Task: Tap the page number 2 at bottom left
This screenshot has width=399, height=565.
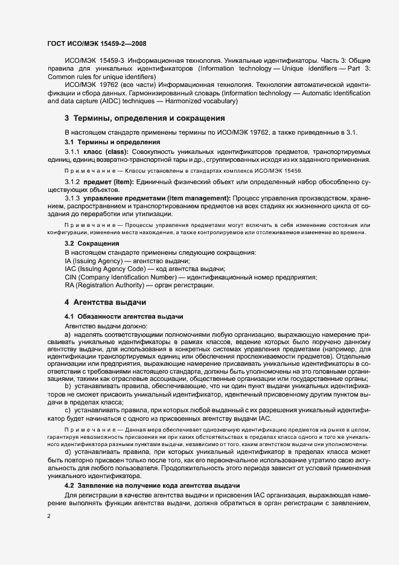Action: [48, 516]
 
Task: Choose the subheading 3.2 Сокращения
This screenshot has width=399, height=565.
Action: [92, 243]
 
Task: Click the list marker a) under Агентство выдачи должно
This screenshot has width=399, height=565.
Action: [67, 334]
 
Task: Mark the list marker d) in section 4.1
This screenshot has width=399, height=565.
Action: [67, 452]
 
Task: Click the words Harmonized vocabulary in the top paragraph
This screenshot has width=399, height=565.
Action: [204, 101]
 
